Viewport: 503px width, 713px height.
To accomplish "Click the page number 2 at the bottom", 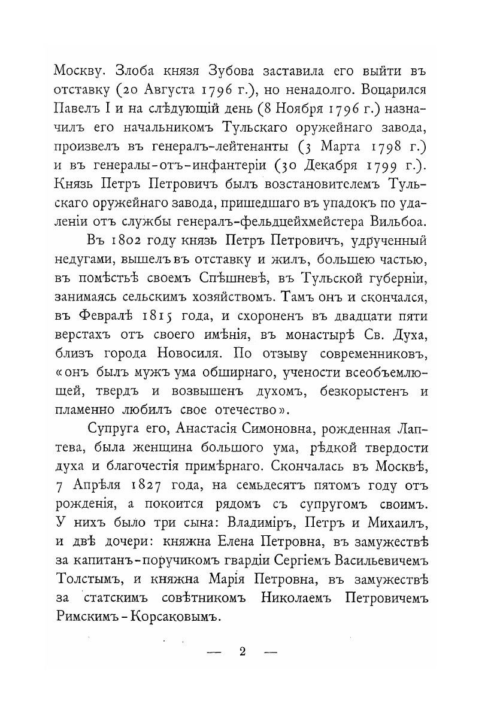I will (243, 652).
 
